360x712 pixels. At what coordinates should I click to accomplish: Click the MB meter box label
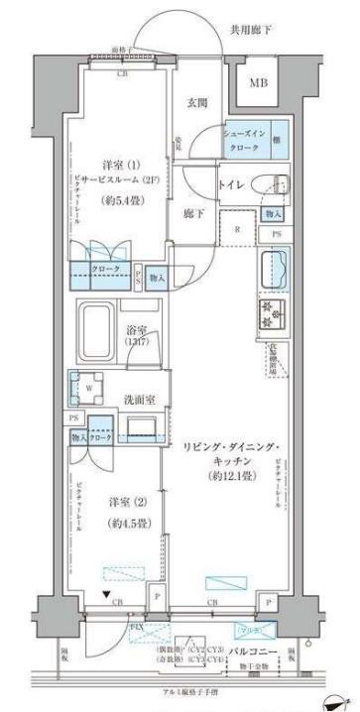(x=258, y=83)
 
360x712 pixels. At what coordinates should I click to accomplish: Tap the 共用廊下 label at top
(x=253, y=31)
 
